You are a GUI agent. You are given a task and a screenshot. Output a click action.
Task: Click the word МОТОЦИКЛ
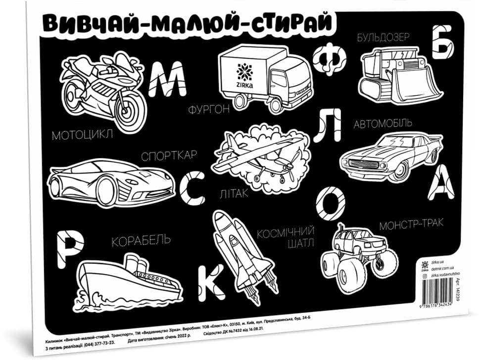coord(82,134)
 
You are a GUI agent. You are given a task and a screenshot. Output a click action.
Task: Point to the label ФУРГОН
coord(208,110)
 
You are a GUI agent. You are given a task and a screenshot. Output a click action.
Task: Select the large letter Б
coord(442,42)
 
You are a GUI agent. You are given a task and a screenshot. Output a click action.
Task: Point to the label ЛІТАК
coord(234,193)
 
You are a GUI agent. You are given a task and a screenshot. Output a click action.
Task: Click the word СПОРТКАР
coord(169,156)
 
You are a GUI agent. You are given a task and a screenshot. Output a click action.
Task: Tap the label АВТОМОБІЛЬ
coord(382,124)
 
